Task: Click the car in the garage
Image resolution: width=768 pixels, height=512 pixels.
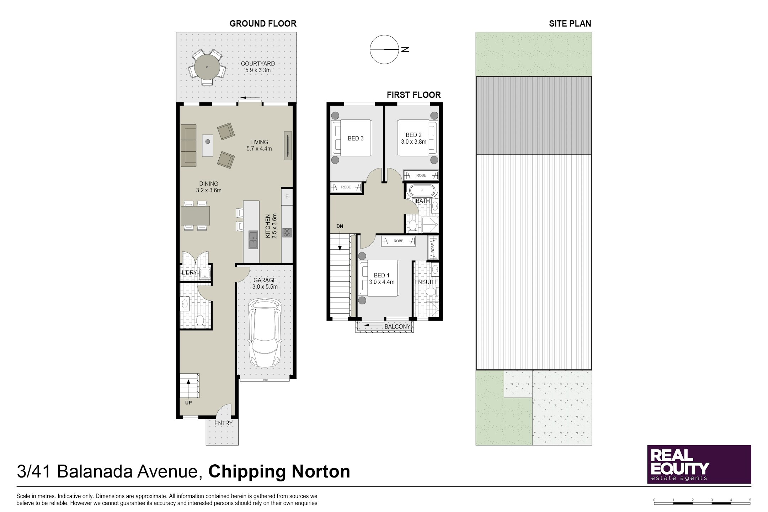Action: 265,333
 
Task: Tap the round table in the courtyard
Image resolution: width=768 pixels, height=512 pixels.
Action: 207,67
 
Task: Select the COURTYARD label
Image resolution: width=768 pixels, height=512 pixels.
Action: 258,64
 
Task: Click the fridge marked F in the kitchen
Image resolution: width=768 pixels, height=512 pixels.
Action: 287,197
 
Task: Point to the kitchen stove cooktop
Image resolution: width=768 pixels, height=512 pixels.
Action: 287,233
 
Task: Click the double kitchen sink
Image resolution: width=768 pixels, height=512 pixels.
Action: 253,240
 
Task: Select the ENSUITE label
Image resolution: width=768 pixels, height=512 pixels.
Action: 426,282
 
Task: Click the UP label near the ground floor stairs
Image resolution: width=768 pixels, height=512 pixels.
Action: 188,402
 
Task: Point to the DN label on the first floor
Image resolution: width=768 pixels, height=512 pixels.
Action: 340,226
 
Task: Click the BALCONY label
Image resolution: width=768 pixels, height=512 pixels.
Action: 397,326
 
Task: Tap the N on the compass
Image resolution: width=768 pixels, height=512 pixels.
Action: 405,49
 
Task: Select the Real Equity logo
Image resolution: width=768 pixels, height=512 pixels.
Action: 699,464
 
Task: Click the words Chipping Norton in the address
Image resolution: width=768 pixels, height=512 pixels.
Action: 279,471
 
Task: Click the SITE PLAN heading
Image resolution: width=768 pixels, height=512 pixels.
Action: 570,23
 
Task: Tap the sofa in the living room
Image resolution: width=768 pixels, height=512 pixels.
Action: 188,145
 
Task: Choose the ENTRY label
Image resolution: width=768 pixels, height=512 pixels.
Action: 223,423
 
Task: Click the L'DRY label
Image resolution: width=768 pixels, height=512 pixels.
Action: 189,273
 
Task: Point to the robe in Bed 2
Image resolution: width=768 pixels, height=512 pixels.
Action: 421,175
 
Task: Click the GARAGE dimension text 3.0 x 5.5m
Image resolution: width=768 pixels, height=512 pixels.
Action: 265,287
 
